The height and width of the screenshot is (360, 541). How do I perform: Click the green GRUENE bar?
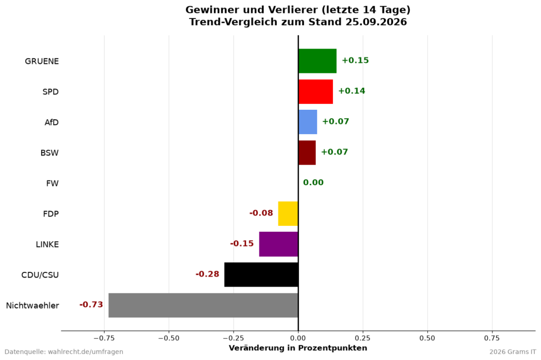point(318,61)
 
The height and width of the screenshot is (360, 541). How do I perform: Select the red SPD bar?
point(316,92)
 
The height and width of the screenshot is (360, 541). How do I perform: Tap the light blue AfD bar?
point(308,122)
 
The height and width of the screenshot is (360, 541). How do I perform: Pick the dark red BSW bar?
point(307,153)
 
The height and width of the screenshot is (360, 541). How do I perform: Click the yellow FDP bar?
point(288,214)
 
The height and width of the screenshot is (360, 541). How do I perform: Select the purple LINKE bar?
point(278,244)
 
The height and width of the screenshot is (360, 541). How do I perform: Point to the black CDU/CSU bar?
point(261,275)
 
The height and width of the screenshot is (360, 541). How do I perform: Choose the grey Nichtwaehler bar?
point(203,305)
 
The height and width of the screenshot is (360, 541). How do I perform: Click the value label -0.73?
point(91,305)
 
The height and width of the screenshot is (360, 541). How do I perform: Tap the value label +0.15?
point(356,60)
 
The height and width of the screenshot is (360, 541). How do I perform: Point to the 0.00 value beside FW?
point(313,183)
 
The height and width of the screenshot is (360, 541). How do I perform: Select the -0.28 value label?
point(207,274)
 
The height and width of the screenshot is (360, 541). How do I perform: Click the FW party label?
point(52,184)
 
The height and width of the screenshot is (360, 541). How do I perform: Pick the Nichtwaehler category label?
point(32,306)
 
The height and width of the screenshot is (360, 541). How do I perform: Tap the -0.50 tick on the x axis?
point(169,338)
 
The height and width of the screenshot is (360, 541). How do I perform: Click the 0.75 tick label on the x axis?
point(492,338)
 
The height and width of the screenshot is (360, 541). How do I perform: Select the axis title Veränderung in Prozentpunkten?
point(298,348)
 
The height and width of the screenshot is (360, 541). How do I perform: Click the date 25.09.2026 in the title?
point(375,22)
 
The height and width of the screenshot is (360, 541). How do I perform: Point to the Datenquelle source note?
point(64,352)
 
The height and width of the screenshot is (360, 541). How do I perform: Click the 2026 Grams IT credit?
point(512,352)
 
